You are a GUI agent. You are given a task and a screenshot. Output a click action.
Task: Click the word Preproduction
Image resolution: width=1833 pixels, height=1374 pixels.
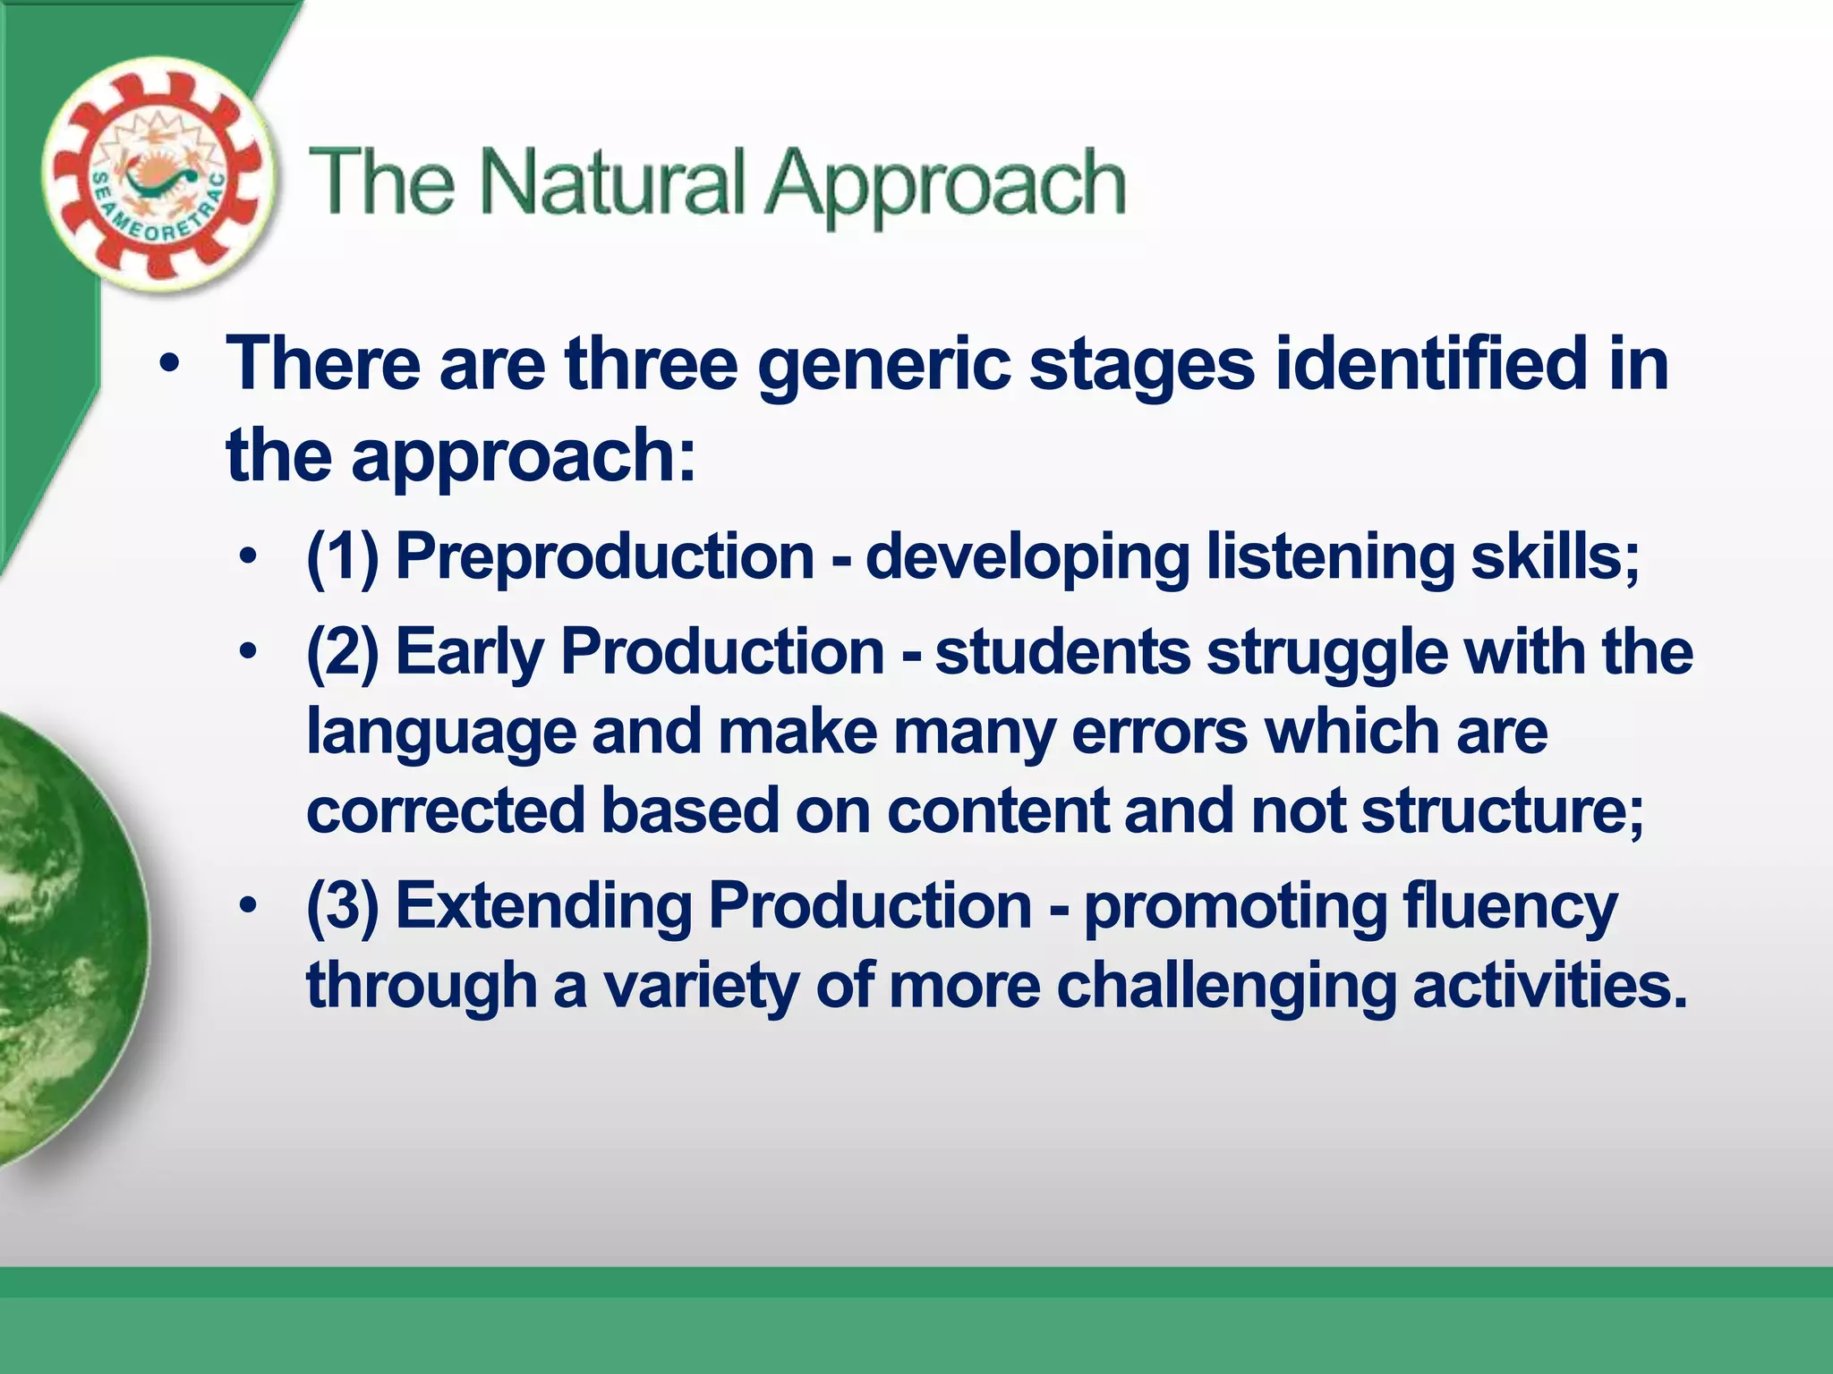click(604, 556)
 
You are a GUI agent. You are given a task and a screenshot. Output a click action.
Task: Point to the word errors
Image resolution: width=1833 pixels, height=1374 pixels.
click(1159, 733)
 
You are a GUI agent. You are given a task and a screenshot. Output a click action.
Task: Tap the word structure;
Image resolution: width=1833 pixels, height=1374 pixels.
click(1503, 811)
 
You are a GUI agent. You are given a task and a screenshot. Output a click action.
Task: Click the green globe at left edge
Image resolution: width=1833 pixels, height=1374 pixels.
click(63, 939)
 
